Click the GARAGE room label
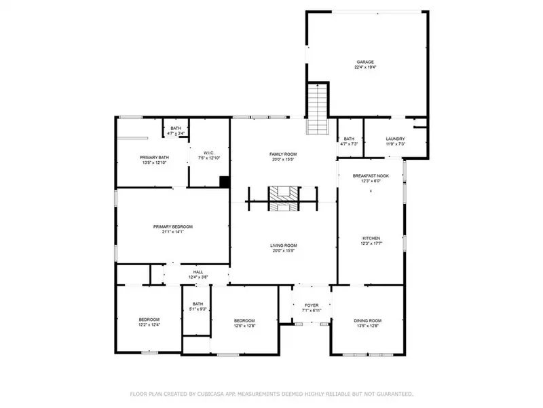pos(365,61)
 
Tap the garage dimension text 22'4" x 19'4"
pos(365,67)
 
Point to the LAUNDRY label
pos(395,139)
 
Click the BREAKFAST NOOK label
pos(370,175)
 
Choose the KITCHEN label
pos(370,238)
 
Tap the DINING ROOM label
pos(368,320)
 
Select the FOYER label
pos(312,305)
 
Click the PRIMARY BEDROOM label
pos(173,226)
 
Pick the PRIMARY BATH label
pos(155,158)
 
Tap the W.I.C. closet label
pos(209,152)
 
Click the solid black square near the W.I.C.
pos(224,181)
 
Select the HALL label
pos(198,271)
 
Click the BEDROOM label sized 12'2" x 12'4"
pos(149,320)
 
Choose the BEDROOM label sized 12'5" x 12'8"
pos(244,320)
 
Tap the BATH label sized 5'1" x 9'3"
pos(198,304)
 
